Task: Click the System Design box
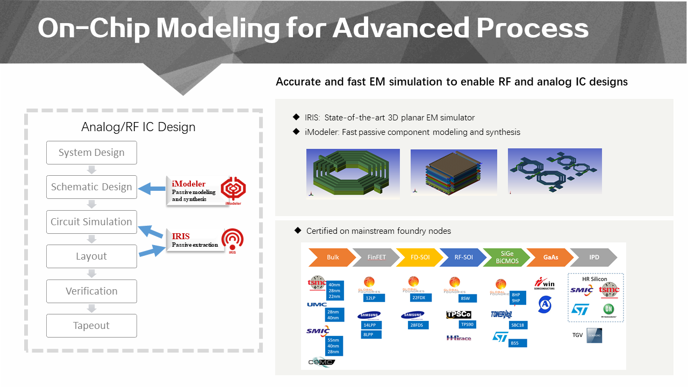coord(91,153)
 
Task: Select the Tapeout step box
coord(91,326)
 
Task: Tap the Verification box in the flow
coord(91,291)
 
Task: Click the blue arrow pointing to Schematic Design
coord(152,189)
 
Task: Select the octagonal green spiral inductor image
coord(353,174)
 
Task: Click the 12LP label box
coord(369,298)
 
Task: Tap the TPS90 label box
coord(467,324)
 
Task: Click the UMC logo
coord(317,305)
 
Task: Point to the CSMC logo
coord(321,362)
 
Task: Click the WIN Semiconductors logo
coord(544,283)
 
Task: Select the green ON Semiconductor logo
coord(608,309)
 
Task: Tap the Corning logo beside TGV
coord(594,335)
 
